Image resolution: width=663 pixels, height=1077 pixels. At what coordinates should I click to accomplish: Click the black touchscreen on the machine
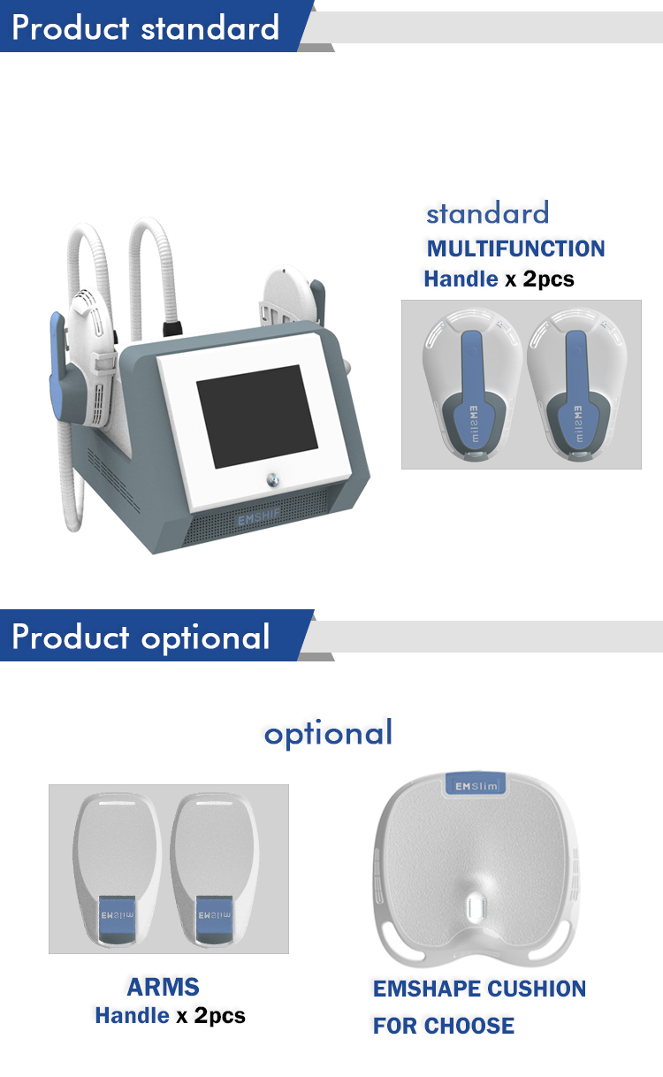[256, 416]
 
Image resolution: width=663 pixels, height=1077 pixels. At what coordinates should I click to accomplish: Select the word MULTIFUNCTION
[515, 248]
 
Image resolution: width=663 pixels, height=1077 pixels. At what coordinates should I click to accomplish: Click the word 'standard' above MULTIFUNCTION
[487, 213]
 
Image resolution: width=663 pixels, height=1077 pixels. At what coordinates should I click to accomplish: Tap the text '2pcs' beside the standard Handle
[548, 279]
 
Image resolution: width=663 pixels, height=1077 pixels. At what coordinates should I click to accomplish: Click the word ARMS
[163, 987]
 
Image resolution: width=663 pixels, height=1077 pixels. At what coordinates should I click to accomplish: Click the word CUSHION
[540, 989]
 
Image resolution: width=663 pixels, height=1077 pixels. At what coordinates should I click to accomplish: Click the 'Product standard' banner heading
[146, 27]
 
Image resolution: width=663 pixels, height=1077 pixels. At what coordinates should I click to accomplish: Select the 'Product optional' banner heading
[141, 637]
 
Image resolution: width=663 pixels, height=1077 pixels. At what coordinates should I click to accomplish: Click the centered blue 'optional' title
[328, 733]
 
